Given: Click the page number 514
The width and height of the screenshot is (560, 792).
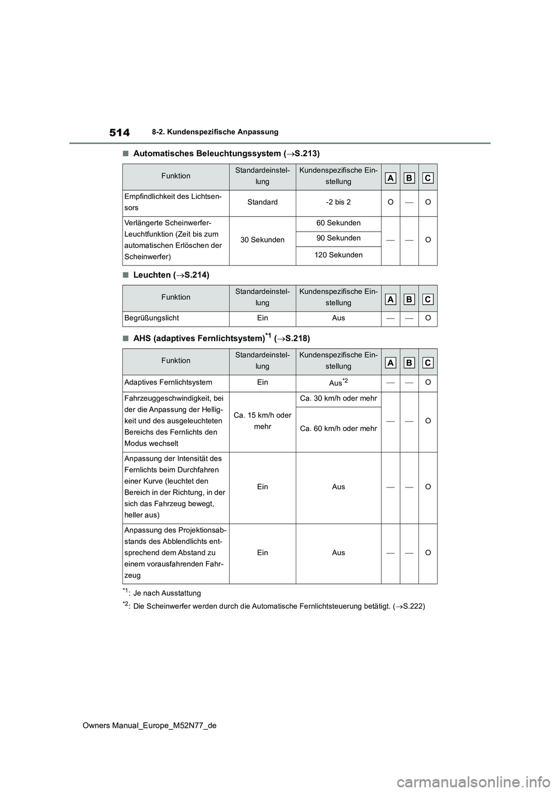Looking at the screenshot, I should pos(119,132).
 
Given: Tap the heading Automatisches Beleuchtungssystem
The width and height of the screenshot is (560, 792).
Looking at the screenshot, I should pos(226,153).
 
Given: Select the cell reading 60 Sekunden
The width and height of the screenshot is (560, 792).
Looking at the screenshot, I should pos(338,223).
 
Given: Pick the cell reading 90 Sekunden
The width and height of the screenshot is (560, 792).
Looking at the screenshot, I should pos(338,238).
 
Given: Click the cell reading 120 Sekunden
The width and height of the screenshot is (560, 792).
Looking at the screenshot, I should pos(338,255).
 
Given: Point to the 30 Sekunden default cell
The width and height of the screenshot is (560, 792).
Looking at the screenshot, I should pos(262,240).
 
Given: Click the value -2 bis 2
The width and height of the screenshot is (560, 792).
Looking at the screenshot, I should pos(338,202).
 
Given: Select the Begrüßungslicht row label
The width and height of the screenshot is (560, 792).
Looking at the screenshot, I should pos(151,318).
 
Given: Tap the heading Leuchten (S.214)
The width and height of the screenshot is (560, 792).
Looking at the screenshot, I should pos(171,275).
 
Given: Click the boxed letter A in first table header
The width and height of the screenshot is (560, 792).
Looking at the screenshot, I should pos(391,178).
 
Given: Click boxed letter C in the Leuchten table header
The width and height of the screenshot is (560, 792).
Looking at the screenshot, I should pos(428,299).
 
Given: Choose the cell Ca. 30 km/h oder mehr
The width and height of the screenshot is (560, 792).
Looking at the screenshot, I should pos(338,398).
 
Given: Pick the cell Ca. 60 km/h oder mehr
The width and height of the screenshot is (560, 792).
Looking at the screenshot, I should pos(338,429).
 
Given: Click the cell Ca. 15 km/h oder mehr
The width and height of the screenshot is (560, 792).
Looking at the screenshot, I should pos(262,420).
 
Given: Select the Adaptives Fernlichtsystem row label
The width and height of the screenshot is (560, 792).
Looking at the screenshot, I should pos(168,382).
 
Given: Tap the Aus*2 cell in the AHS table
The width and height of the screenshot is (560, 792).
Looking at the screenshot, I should pos(338,383).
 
